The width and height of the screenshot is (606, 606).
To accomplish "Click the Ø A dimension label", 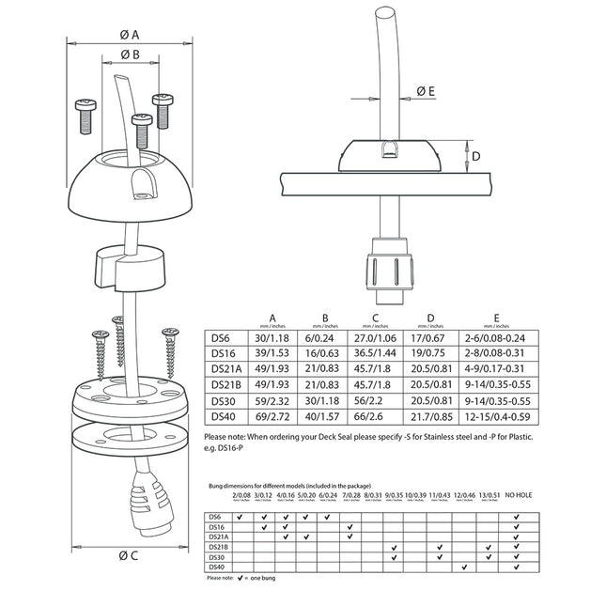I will (131, 35).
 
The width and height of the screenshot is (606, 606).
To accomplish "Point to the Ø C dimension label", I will (129, 554).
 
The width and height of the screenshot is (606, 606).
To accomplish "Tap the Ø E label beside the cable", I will (426, 91).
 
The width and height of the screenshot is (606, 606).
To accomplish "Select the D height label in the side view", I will (476, 156).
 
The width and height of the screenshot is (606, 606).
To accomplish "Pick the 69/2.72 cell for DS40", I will (272, 414).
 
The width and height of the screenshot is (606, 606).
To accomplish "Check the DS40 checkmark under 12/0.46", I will (464, 567).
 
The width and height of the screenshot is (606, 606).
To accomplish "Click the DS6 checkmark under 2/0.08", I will (241, 516).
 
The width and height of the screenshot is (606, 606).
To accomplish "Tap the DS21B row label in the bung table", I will (218, 546).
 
